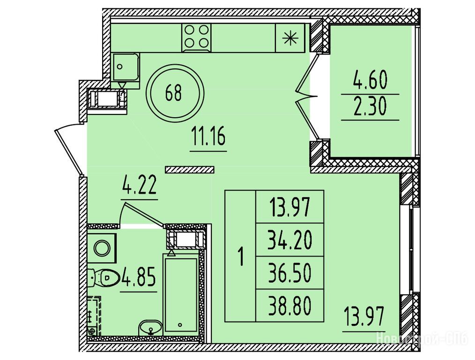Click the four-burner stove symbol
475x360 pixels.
coord(197,37)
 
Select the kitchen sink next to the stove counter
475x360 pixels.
coord(126,67)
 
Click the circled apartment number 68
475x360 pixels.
coord(175,93)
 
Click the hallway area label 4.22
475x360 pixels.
coord(139,185)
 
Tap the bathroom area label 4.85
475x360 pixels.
coord(139,277)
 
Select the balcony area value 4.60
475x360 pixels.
coord(370,81)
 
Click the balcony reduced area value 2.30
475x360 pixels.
coord(370,107)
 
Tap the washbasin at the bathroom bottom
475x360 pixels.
coord(150,328)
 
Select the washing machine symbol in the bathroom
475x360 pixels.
coord(102,248)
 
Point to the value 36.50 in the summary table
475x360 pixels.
coord(289,273)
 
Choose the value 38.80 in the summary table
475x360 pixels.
coord(289,306)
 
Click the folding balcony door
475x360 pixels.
coord(307,97)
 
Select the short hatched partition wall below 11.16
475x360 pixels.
coord(190,170)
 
